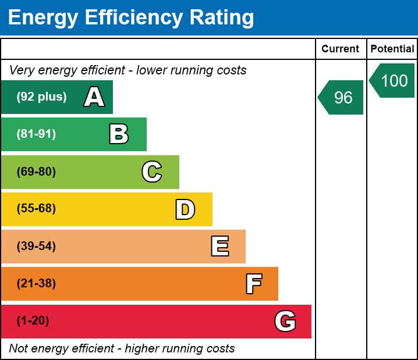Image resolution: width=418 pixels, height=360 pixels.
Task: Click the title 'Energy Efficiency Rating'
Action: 131,17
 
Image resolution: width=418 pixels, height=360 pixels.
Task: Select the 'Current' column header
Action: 341,49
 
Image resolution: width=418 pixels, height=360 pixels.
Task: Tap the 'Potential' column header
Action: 392,49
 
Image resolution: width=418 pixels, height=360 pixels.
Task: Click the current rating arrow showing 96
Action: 342,97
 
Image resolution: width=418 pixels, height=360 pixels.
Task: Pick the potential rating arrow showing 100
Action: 393,80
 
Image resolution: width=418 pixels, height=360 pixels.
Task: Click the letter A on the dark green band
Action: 94,97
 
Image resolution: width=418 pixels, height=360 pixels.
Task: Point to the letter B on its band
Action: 119,134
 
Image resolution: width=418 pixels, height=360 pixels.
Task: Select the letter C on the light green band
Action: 152,172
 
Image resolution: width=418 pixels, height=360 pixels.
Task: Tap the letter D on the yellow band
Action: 185,209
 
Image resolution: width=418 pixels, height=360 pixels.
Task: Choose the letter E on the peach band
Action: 219,246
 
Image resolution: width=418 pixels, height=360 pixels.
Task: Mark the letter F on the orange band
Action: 253,284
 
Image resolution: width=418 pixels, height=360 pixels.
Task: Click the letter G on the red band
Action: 285,321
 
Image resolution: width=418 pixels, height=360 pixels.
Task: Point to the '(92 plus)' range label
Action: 41,97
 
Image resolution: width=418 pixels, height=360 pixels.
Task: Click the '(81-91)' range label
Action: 36,134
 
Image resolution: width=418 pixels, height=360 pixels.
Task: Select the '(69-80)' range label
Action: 36,172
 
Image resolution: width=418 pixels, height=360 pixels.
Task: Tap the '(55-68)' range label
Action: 36,209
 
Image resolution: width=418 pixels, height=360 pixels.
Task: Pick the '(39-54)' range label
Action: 36,246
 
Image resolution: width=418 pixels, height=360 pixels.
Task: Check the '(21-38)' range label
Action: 36,284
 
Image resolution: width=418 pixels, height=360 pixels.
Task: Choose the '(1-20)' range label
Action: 33,321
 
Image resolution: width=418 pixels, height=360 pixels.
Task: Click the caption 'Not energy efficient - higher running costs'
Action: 122,348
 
